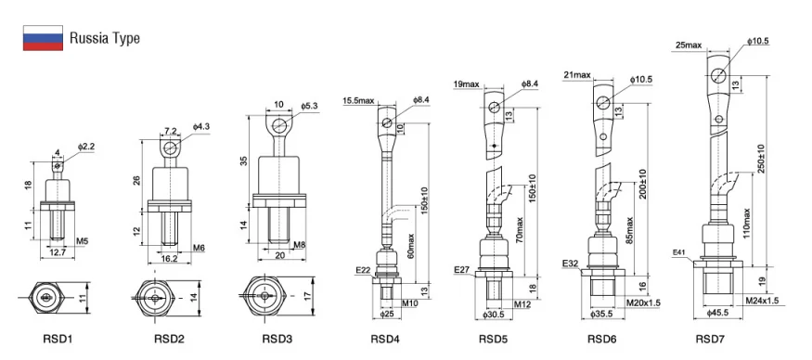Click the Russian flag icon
point(43,38)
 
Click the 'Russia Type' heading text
point(104,38)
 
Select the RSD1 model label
point(58,340)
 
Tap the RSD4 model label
point(385,340)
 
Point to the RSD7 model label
point(710,340)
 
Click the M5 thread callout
point(83,241)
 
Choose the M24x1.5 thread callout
point(762,301)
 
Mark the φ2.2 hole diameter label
point(86,148)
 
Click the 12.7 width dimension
point(58,252)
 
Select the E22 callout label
point(363,270)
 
